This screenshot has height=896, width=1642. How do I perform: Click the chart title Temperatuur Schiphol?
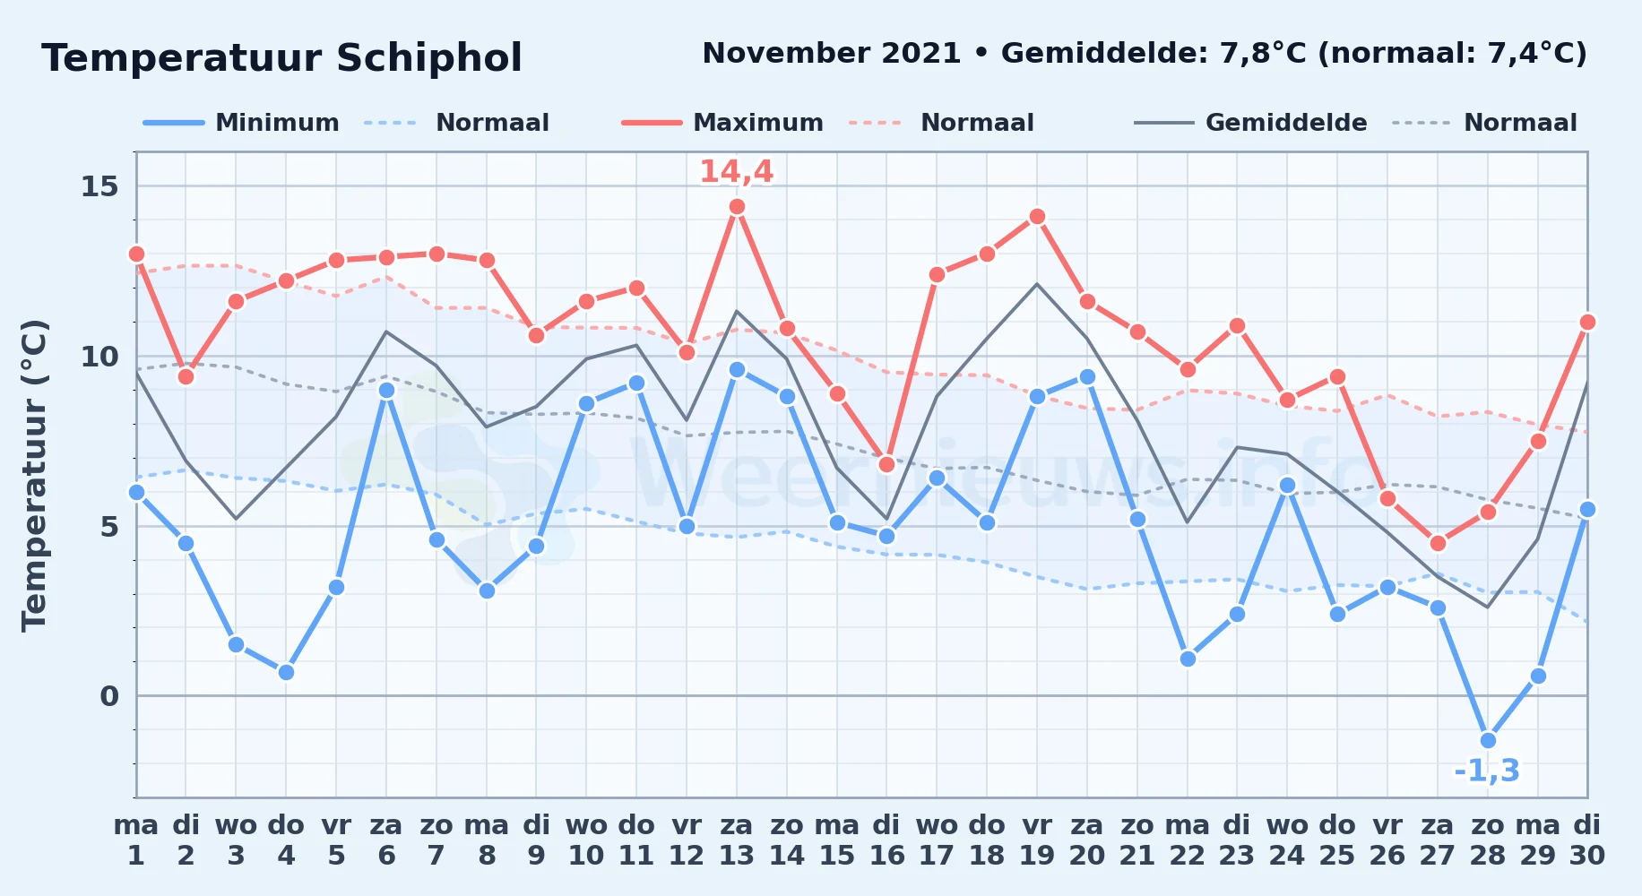click(281, 58)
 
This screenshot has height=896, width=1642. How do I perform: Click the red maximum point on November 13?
click(737, 207)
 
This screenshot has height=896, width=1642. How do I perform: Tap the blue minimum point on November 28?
click(1488, 740)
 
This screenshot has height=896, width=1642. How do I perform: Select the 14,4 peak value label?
click(736, 171)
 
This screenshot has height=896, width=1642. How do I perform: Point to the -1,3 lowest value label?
click(1487, 771)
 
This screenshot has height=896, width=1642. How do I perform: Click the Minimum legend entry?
click(241, 123)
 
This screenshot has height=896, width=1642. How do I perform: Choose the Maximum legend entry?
click(722, 123)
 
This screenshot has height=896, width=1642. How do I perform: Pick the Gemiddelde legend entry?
click(1251, 123)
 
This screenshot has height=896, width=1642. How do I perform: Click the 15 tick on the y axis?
click(99, 186)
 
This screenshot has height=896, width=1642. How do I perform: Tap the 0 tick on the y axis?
click(109, 696)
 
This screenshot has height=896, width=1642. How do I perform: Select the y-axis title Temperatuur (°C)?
click(34, 475)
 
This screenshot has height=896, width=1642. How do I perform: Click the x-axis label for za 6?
click(386, 840)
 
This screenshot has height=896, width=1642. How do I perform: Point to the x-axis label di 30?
click(1586, 840)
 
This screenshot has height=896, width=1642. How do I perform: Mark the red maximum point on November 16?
click(886, 464)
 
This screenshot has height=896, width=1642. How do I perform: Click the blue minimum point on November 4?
click(286, 672)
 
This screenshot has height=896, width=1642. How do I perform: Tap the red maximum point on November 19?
click(1037, 217)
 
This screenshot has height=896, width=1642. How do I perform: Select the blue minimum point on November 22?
click(1188, 659)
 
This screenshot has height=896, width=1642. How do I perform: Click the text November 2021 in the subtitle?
click(832, 54)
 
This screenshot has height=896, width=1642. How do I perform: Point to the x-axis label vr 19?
click(1037, 840)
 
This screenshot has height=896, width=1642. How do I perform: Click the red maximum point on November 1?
click(136, 254)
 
